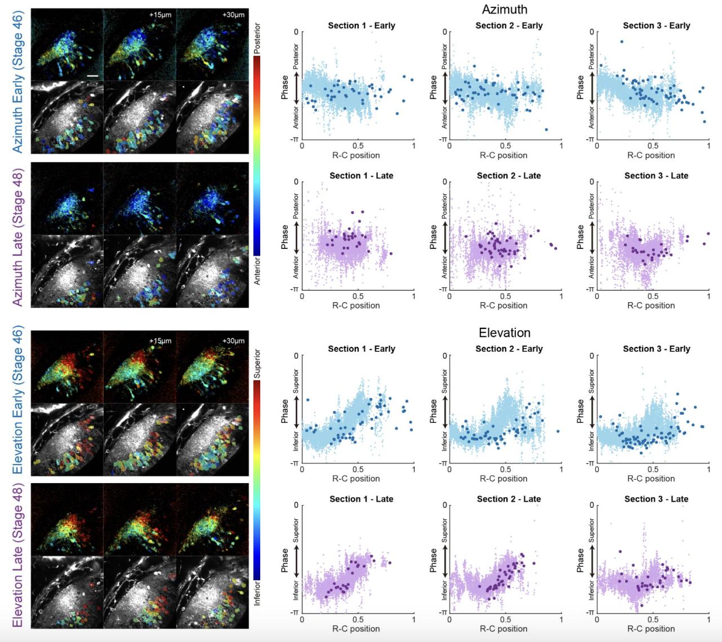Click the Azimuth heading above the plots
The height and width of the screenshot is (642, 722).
click(505, 10)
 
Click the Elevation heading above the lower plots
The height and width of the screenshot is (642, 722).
click(505, 333)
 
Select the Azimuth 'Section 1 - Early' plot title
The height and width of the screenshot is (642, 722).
click(362, 25)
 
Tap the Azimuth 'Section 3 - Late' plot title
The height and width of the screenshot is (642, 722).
click(656, 176)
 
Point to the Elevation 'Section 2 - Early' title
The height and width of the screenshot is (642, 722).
click(509, 349)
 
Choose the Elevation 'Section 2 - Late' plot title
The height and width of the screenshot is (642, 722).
click(509, 499)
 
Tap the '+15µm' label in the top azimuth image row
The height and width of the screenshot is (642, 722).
click(160, 15)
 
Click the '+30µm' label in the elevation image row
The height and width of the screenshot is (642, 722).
click(233, 341)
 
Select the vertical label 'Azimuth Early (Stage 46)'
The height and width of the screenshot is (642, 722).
click(18, 82)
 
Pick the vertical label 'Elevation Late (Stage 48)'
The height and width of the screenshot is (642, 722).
click(18, 555)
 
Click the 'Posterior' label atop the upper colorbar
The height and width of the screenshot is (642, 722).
click(257, 38)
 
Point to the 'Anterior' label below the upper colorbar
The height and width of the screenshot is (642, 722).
click(257, 271)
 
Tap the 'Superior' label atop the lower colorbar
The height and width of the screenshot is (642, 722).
click(257, 363)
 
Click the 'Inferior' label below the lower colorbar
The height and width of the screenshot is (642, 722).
click(257, 594)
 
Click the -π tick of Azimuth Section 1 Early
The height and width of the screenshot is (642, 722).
click(294, 139)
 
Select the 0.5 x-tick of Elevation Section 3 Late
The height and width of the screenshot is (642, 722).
click(652, 619)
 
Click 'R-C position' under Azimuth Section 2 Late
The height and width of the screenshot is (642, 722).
click(503, 305)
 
